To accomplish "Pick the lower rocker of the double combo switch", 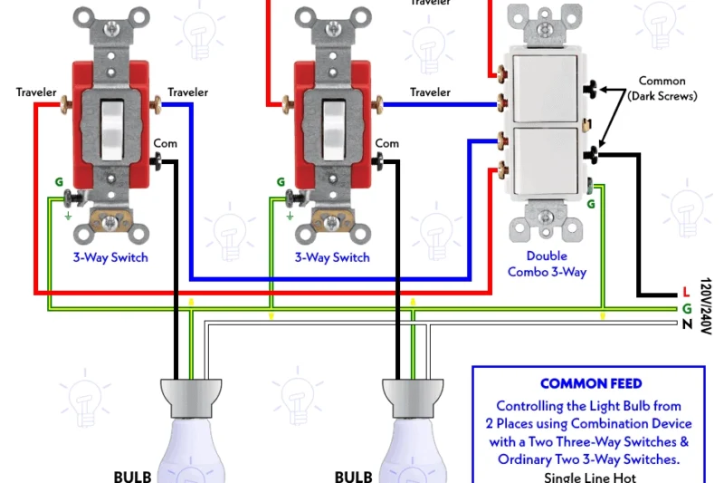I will click(x=544, y=155).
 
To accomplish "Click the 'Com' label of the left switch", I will click(x=165, y=143).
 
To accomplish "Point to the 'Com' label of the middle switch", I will click(x=386, y=143).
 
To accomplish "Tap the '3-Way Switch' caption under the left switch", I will click(x=110, y=257).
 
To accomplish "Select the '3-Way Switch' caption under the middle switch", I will click(x=332, y=257).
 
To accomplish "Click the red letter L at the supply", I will click(x=686, y=292).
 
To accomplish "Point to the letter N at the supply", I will click(x=687, y=324).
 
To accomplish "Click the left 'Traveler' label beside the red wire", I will click(x=36, y=92).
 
